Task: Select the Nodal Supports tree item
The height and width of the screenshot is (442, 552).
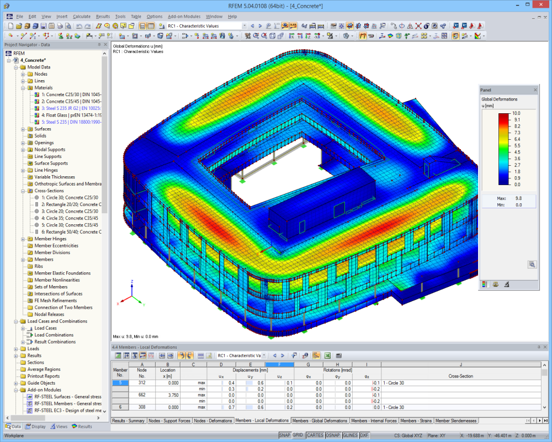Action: point(50,149)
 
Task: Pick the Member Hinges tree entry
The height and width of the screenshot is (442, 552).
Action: point(50,239)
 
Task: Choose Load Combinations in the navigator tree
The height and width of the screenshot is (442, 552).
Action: point(54,335)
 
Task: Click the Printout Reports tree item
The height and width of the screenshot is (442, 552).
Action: point(44,376)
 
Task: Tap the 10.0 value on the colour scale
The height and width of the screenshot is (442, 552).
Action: point(517,113)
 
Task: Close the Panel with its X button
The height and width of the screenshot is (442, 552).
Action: point(535,90)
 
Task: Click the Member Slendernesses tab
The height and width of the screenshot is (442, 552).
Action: point(457,421)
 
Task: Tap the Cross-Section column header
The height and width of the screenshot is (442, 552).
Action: point(460,376)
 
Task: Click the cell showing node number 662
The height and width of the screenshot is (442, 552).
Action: point(141,395)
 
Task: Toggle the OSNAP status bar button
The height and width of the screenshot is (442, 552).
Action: point(333,435)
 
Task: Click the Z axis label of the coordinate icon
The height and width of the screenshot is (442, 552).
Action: point(132,281)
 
